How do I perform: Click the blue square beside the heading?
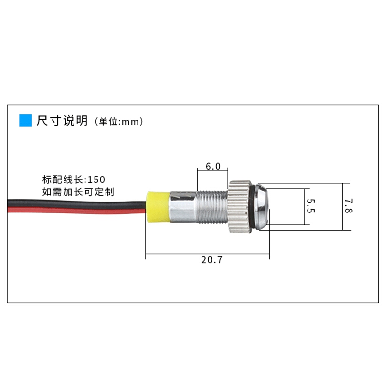point(25,120)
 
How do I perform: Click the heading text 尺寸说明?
point(62,120)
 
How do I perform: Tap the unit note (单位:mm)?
point(118,121)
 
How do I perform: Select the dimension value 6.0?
point(213,166)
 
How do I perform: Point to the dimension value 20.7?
point(212,260)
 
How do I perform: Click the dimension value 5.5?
point(311,206)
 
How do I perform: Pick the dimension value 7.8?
point(349,206)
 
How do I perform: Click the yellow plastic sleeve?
point(158,207)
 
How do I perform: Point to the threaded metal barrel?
point(212,207)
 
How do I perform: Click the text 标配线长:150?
point(74,180)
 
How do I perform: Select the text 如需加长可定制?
point(78,192)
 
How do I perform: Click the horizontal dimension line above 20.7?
point(207,254)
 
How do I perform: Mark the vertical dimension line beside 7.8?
point(343,207)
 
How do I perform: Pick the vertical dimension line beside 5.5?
point(305,207)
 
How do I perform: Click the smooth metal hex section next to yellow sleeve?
point(183,207)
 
